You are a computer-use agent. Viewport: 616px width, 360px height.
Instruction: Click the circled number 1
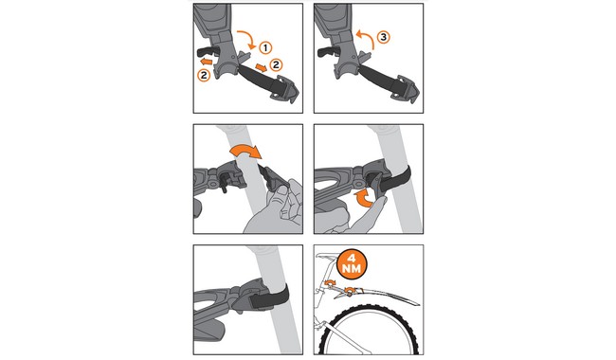[x=265, y=48]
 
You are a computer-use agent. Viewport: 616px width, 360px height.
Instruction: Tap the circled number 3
[x=383, y=37]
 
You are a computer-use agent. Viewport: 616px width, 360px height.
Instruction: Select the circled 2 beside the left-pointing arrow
[x=204, y=75]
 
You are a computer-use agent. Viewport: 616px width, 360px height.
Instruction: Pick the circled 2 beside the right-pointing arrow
[x=276, y=64]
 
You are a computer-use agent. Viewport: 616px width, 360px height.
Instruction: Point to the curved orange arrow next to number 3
[x=365, y=38]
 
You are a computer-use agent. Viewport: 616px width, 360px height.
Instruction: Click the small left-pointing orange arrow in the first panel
[x=206, y=62]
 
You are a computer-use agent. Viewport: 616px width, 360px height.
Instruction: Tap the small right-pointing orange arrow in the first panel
[x=261, y=66]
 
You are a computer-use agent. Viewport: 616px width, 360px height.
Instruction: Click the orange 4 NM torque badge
[x=352, y=263]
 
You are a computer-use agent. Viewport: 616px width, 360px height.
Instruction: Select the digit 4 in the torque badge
[x=352, y=259]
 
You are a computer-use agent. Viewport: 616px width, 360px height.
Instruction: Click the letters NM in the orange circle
[x=352, y=269]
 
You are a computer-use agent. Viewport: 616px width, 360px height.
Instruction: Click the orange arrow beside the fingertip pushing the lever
[x=363, y=197]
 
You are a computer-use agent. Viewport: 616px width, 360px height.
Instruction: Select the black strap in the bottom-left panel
[x=269, y=297]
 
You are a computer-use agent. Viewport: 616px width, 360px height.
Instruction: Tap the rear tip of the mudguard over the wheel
[x=418, y=304]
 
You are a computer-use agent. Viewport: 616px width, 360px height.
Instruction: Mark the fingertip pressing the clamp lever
[x=380, y=201]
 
